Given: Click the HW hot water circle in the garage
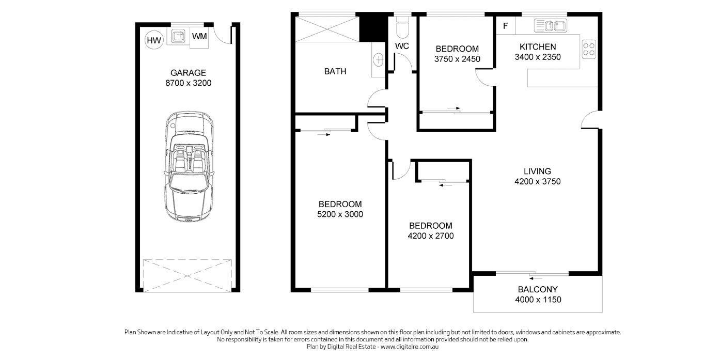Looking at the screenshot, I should pos(154,39).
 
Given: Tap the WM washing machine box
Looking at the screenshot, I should pos(199,37).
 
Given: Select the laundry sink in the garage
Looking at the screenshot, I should pos(178,36).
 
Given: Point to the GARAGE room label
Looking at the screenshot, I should pos(188,73).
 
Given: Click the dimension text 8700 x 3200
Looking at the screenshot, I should pos(188,83).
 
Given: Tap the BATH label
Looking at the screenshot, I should pos(335,71).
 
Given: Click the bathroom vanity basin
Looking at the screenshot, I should pos(379,59).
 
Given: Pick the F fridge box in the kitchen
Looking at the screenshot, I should pos(505,25).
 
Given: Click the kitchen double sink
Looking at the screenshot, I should pos(551,25).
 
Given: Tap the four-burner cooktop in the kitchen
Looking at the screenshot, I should pos(589,49).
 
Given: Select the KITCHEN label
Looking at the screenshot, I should pos(538,47).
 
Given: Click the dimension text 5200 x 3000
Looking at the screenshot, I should pos(340,214).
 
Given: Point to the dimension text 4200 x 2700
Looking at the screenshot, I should pos(430,236).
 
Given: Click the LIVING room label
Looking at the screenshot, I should pos(537,171).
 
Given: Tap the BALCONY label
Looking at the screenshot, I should pos(538,289).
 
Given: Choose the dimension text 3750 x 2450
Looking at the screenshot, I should pos(457,59).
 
